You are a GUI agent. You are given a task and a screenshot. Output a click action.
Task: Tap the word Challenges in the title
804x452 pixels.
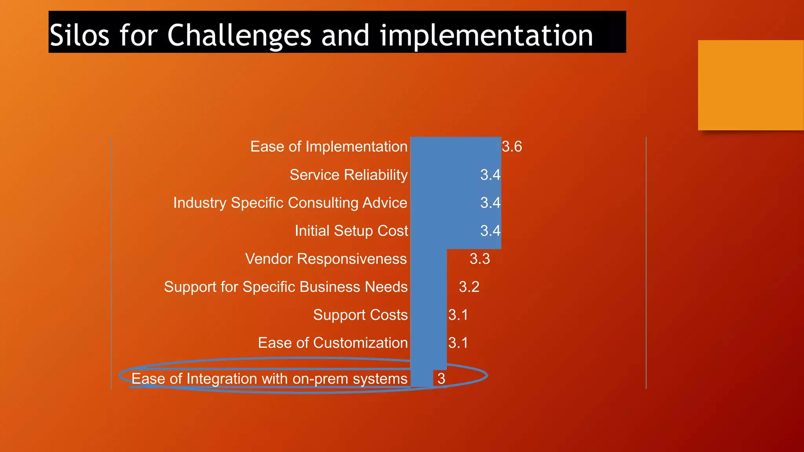[x=239, y=35]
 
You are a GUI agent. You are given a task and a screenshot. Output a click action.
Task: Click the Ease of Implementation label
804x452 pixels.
[x=329, y=147]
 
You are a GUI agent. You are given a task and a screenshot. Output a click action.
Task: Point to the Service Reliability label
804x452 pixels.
[x=349, y=175]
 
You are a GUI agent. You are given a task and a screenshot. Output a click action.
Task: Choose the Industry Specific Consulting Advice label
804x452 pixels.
[x=290, y=203]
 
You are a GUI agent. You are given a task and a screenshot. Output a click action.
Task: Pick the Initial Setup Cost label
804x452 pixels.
[x=351, y=231]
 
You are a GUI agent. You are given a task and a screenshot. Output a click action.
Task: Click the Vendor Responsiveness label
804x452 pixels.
[x=326, y=259]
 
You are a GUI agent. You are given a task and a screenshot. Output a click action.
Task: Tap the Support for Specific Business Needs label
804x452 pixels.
[x=286, y=287]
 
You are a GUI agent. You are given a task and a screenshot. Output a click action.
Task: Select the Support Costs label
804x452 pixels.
[x=360, y=315]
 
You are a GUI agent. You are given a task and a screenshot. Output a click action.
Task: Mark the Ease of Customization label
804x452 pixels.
[x=333, y=343]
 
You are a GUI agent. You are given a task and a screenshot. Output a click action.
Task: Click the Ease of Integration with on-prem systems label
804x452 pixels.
[x=269, y=379]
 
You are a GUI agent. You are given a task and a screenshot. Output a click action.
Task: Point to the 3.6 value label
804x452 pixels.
[x=512, y=147]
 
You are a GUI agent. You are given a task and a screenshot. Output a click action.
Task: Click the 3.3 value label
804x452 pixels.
[x=480, y=259]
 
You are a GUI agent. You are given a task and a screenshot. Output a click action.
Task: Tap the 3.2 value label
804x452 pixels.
[x=469, y=287]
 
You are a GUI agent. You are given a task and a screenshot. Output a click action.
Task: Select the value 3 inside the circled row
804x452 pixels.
[x=441, y=379]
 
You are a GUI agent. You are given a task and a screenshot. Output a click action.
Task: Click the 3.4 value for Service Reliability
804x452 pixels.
[x=490, y=175]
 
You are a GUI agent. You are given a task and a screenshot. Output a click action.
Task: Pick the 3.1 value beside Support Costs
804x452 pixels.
[x=458, y=315]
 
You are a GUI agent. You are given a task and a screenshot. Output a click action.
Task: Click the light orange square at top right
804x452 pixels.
[x=751, y=85]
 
